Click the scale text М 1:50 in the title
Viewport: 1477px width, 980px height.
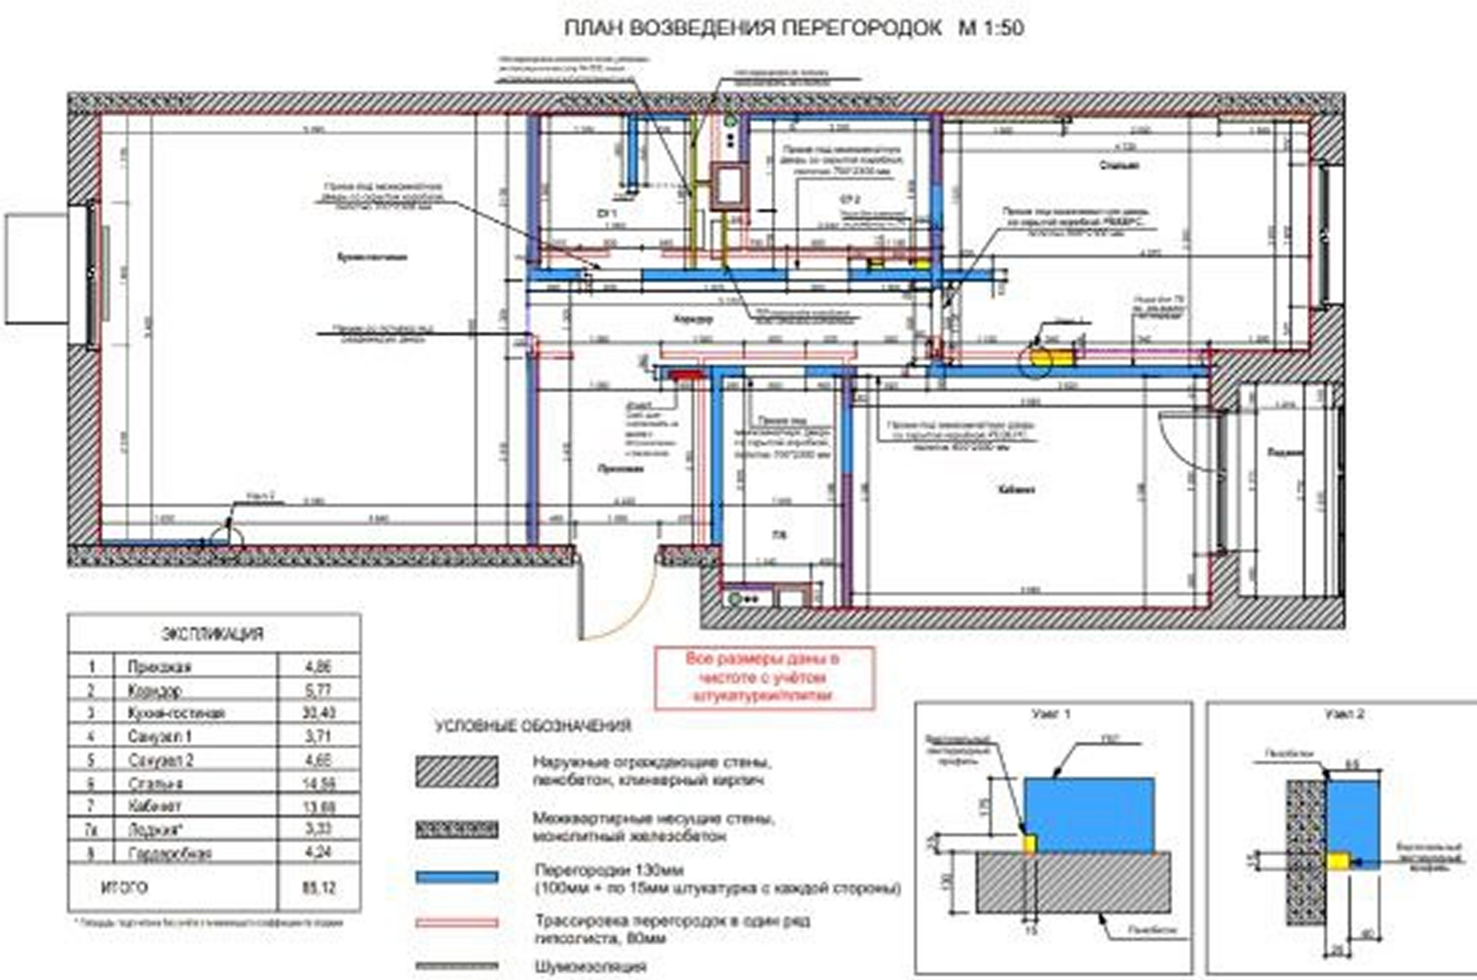(x=991, y=28)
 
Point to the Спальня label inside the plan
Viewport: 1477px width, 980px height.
(x=1118, y=165)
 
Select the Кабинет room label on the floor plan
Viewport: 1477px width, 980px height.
(x=1016, y=490)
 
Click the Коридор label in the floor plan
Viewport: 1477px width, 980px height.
(x=693, y=319)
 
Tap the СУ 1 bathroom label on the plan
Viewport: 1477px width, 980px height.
(x=607, y=214)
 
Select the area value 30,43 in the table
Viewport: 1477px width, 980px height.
(x=318, y=713)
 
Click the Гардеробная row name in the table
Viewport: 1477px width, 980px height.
(x=169, y=853)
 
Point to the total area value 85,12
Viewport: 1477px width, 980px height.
(x=318, y=888)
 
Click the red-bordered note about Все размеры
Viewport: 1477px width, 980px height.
(x=763, y=677)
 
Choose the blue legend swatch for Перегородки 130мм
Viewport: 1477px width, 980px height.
(x=456, y=877)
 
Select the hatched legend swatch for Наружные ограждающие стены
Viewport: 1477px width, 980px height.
(x=456, y=771)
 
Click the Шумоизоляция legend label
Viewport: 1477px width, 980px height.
(x=589, y=966)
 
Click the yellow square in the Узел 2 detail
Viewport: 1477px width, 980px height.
(x=1337, y=860)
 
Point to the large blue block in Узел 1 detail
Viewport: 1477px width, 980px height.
(x=1089, y=814)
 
